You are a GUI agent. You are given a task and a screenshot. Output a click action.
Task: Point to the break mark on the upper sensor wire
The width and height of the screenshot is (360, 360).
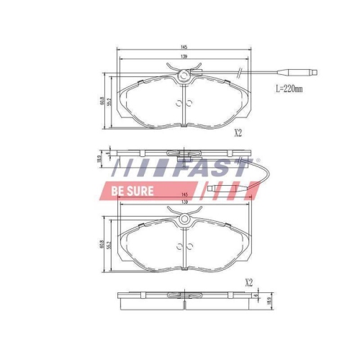click(237, 71)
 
